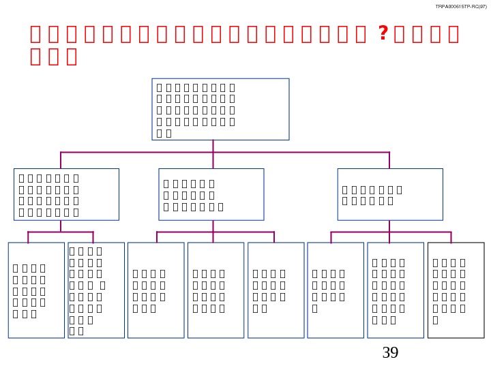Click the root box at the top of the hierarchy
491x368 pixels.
(220, 109)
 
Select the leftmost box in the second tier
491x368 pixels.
(66, 194)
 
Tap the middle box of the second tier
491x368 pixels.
(211, 194)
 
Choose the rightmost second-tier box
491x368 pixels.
(390, 194)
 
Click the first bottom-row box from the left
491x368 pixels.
(36, 290)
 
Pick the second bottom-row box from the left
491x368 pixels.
(96, 290)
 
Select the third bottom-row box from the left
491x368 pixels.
(155, 290)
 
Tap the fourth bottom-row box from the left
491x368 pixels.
(215, 290)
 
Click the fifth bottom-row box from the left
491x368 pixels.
(276, 290)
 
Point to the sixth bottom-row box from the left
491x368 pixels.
(336, 290)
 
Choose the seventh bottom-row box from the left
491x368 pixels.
(396, 290)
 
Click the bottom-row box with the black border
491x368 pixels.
(456, 290)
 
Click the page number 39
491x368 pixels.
(390, 352)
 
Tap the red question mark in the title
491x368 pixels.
(383, 33)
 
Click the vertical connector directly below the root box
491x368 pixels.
(213, 145)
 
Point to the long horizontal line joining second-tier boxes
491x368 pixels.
(136, 151)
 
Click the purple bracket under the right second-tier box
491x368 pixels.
(390, 232)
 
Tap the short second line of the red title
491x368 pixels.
(53, 57)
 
